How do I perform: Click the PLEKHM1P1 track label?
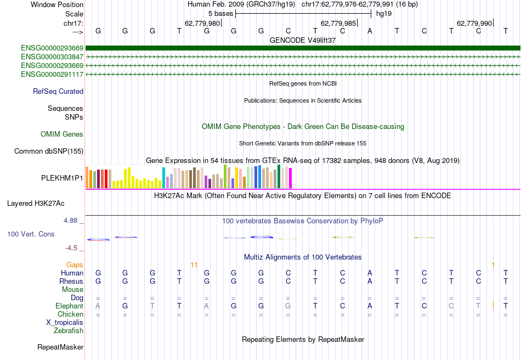[62, 178]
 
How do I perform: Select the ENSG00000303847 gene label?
[52, 57]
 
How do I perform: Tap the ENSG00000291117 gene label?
[52, 74]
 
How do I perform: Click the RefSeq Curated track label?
[58, 92]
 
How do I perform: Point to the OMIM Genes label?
[62, 134]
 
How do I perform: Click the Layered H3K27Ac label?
[36, 203]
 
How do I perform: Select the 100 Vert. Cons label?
[31, 234]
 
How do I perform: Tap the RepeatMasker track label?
[60, 347]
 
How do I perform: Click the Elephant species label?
[69, 306]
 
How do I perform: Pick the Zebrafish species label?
[69, 330]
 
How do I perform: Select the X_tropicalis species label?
[65, 322]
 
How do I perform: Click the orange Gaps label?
[75, 265]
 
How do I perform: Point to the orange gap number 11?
[194, 265]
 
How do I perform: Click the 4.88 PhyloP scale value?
[71, 221]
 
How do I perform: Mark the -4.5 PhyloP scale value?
[72, 248]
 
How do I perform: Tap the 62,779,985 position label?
[338, 23]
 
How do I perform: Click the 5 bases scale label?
[220, 13]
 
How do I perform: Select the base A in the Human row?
[370, 273]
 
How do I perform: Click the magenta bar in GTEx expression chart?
[291, 178]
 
